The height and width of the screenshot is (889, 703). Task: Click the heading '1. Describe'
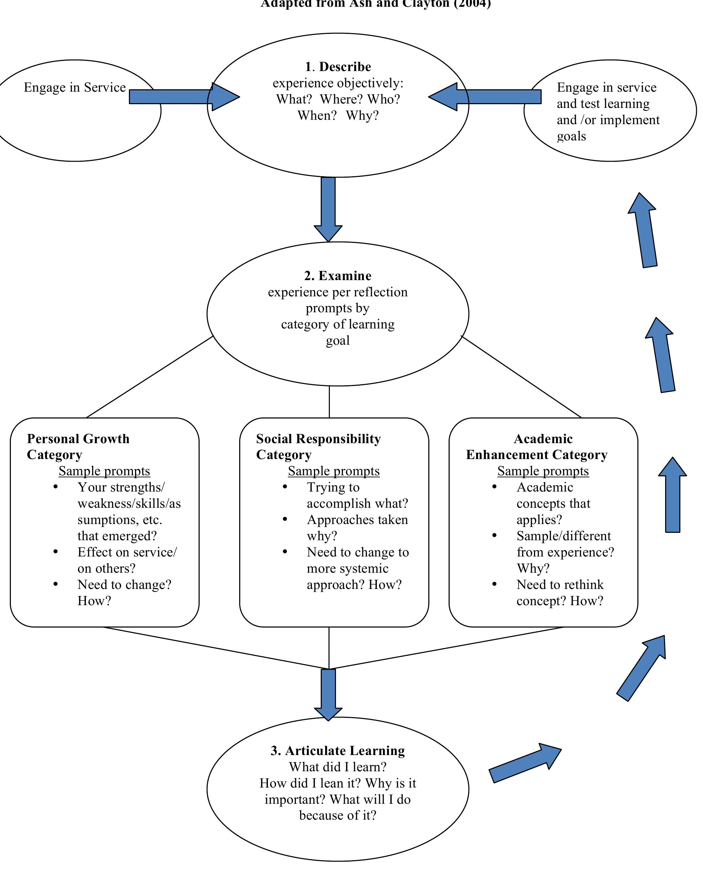tap(338, 67)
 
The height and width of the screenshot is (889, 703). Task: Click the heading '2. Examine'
tap(338, 276)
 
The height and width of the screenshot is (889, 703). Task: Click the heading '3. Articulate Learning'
tap(338, 750)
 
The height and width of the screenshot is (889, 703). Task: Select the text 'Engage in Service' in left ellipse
tap(74, 87)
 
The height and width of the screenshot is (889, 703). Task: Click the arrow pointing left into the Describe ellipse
tap(486, 97)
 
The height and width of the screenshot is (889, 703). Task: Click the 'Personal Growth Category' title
tap(78, 447)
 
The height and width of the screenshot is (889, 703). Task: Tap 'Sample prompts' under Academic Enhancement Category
tap(543, 471)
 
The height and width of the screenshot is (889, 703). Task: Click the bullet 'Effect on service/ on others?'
tap(127, 560)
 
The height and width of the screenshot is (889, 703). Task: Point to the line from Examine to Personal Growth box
tap(150, 377)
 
